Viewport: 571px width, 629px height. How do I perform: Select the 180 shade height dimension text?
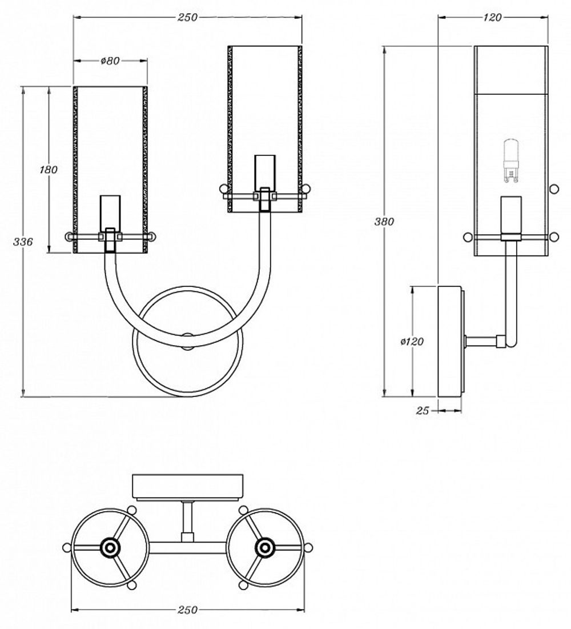49,170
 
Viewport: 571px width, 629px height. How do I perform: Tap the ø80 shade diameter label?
110,61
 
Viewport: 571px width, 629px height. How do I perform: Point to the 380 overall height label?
384,222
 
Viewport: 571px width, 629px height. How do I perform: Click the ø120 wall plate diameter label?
412,341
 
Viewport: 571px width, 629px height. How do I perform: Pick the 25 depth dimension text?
423,410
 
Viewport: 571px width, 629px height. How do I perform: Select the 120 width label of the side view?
492,18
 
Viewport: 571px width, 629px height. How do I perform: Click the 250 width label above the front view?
187,18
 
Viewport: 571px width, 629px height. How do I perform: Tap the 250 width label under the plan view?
187,610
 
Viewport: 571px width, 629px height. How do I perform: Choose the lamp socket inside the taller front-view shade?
264,171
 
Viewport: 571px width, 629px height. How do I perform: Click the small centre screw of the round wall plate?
187,337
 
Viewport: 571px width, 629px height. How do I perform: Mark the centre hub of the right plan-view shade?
264,548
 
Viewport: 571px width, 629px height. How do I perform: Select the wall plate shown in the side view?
449,341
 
